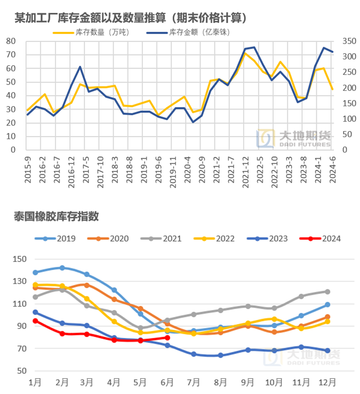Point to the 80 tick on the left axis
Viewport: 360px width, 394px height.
click(x=11, y=41)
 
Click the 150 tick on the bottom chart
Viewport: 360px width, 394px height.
click(x=18, y=259)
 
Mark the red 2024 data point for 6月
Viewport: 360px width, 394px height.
click(x=168, y=338)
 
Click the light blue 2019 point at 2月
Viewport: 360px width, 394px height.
click(x=62, y=268)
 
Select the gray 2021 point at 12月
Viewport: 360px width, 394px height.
click(x=328, y=292)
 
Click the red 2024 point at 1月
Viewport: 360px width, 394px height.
click(x=35, y=321)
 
